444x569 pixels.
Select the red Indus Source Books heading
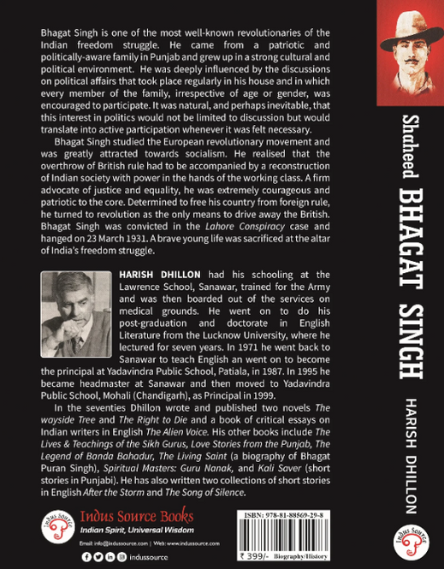136,516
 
